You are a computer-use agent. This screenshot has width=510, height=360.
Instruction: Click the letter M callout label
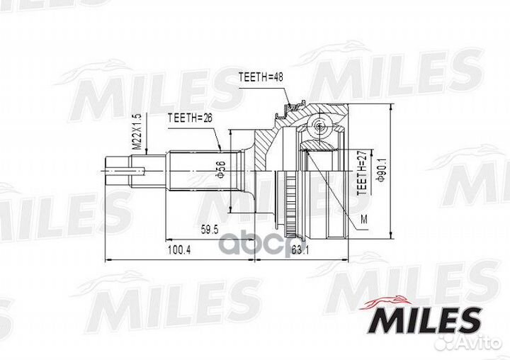[363, 219]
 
